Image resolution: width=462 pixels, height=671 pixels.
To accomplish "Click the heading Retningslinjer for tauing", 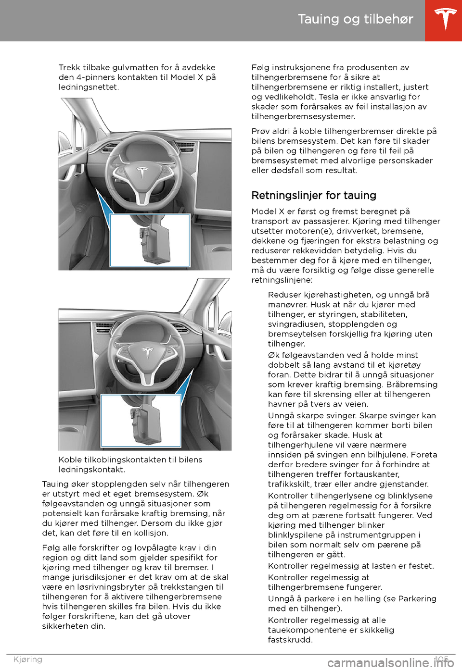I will point(314,196).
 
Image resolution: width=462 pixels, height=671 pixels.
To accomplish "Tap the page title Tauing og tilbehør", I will point(355,19).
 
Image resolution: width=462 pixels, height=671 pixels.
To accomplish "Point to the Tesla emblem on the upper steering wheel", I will point(141,172).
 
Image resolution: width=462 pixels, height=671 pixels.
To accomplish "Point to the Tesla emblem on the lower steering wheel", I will point(148,352).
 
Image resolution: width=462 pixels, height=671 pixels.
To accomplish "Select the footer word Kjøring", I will point(28,659).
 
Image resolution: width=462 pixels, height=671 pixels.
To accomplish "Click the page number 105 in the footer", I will point(441,659).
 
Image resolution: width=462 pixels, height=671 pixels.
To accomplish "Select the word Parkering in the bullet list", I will point(417,599).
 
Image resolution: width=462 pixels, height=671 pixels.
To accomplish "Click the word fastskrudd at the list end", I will point(290,640).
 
